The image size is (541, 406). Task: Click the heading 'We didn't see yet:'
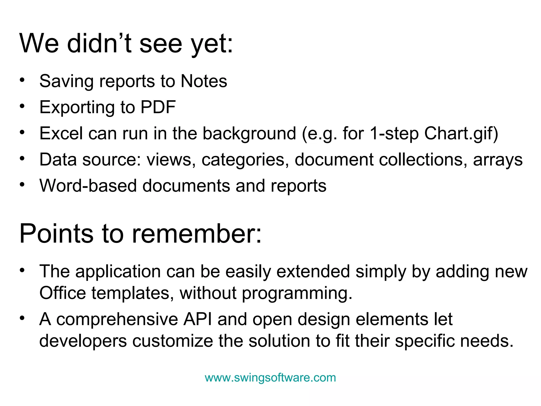tap(126, 44)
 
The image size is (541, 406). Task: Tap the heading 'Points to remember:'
tap(140, 234)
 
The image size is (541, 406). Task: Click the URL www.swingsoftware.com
tap(270, 377)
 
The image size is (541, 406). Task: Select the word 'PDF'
tap(158, 107)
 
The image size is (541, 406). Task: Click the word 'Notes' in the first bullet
tap(204, 81)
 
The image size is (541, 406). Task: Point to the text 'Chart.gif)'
tap(461, 133)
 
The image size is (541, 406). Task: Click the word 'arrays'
tap(498, 160)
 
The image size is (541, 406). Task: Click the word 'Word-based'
tap(88, 186)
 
